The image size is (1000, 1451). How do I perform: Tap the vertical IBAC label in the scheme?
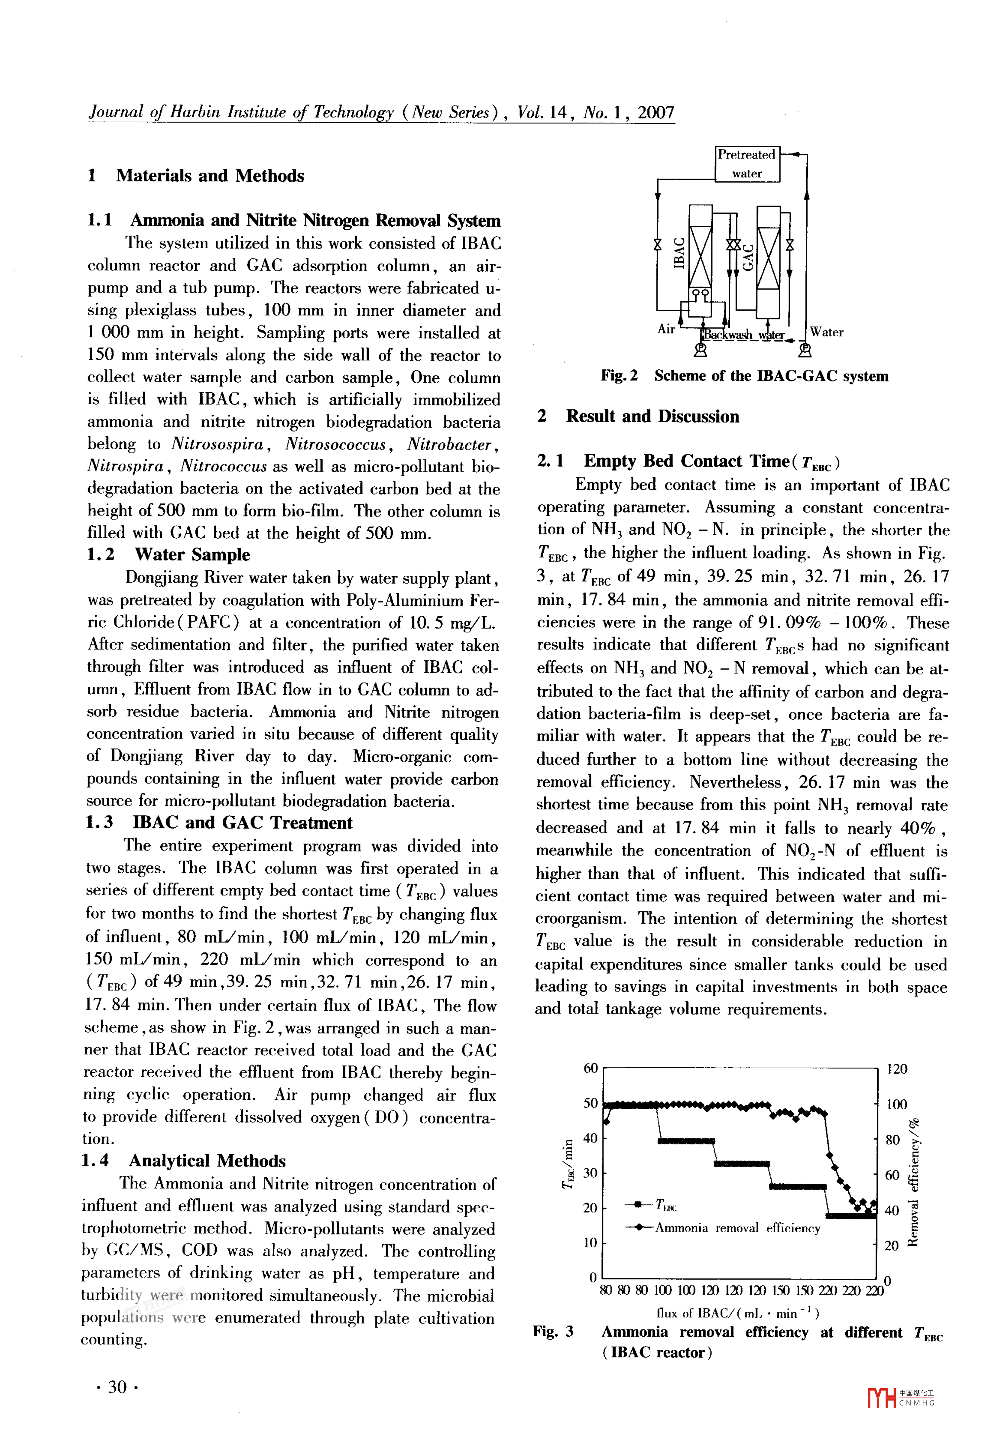click(x=678, y=253)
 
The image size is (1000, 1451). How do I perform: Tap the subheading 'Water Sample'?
click(x=192, y=555)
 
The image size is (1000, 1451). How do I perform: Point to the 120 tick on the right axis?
click(x=897, y=1069)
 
